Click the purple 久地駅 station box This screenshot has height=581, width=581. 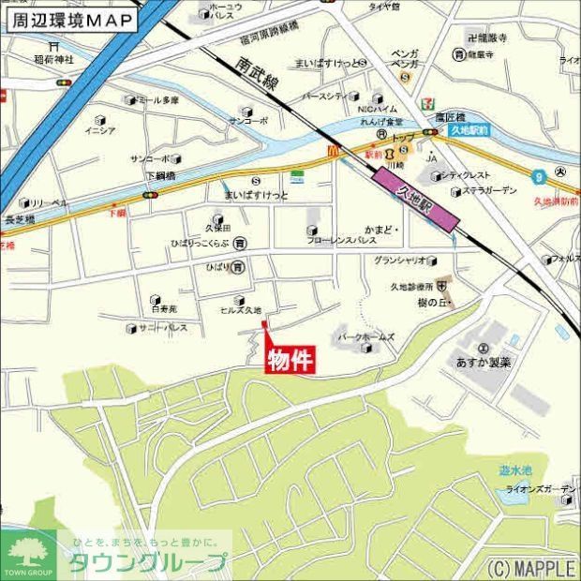coord(415,201)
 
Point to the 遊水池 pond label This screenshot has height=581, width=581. coord(515,470)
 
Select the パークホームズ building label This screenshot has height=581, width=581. coord(365,336)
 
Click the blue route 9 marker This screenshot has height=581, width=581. coord(539,174)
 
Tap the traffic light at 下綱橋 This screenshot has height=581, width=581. coord(149,195)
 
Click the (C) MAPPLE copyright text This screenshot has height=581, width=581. coord(529,567)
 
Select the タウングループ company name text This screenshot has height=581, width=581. coord(148,562)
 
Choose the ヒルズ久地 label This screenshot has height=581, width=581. coord(240,310)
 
